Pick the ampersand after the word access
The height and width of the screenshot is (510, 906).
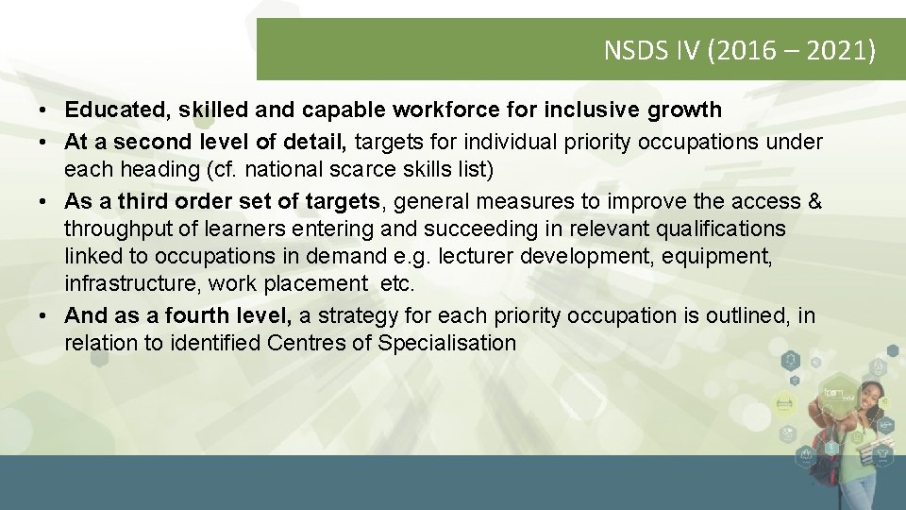(814, 202)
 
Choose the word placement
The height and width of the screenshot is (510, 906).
(314, 283)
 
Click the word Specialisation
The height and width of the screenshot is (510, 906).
(447, 343)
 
